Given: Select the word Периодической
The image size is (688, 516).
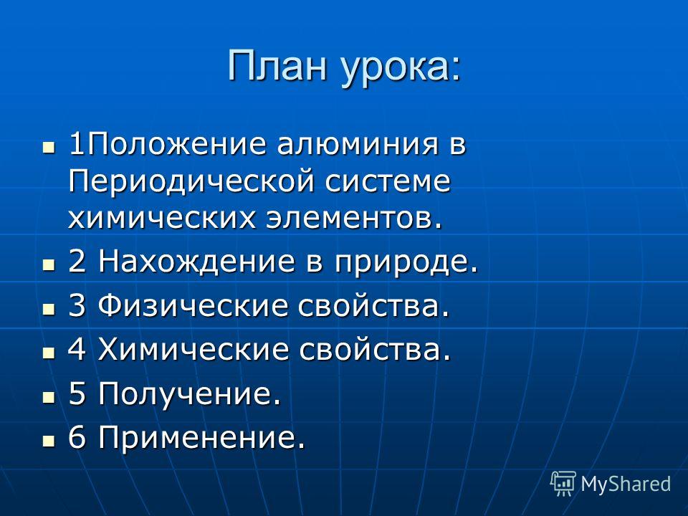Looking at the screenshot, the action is coord(191,182).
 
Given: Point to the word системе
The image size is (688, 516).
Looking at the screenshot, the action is coord(388,181).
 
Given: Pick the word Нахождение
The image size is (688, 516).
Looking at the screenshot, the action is coord(196,263).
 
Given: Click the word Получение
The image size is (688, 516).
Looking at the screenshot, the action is coord(189,394).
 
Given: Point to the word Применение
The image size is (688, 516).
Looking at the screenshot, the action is coord(201,437).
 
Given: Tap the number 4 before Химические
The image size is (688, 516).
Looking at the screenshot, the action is coord(77,349).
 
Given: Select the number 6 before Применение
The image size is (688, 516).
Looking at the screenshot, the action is coord(77,437).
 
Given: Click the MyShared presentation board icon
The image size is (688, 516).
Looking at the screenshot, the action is coord(563,484).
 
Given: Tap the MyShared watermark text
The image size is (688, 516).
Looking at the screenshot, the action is coord(626,484).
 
